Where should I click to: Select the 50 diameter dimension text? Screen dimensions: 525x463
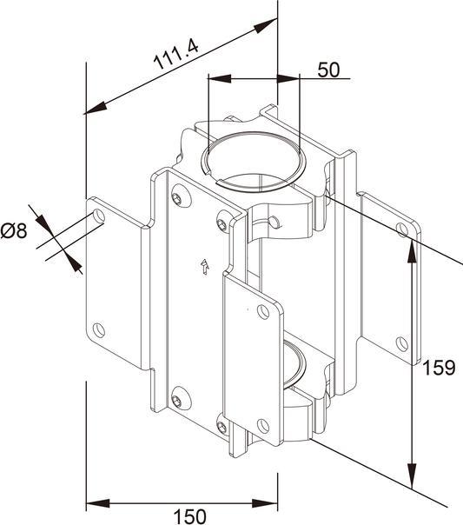[x=327, y=70]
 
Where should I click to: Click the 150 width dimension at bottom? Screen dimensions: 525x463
[x=190, y=516]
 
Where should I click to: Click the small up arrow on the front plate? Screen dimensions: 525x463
[x=203, y=267]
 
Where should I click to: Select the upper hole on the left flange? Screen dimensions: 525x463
[x=97, y=216]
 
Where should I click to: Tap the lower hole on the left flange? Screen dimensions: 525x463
[x=98, y=329]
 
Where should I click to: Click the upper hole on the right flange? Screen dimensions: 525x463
[x=401, y=230]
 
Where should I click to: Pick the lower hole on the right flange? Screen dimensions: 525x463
[x=401, y=342]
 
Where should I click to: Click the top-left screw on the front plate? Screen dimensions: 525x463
[x=178, y=199]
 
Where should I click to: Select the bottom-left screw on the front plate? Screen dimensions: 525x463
[x=178, y=401]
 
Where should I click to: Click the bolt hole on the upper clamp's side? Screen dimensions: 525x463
[x=274, y=223]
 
